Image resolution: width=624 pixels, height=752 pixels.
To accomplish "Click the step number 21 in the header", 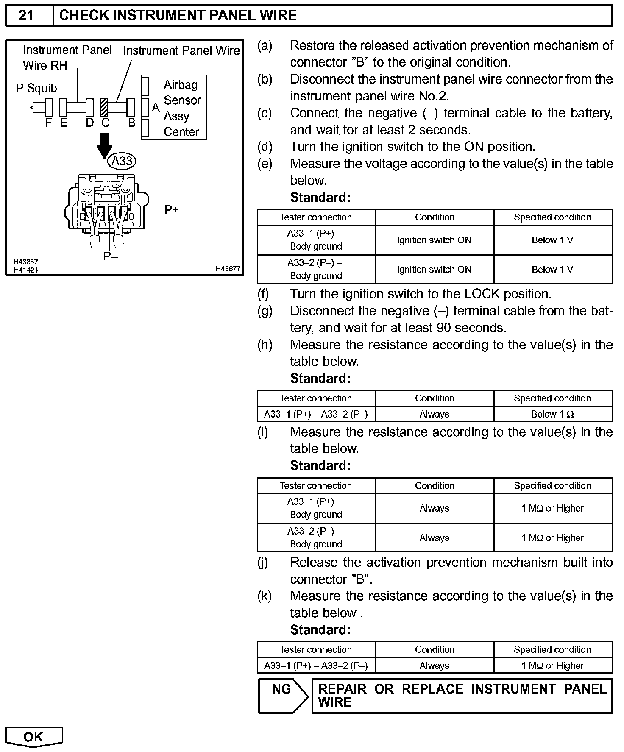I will (x=26, y=15).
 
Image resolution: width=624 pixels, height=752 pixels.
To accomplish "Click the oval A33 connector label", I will (x=123, y=161).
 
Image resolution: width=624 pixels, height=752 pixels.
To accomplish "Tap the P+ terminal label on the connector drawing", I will (x=172, y=209).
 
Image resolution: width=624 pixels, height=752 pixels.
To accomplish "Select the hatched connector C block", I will (x=104, y=107).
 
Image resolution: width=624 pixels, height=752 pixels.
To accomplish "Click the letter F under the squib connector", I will (x=49, y=123).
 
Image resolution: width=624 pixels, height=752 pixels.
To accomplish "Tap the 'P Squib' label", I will (x=36, y=88).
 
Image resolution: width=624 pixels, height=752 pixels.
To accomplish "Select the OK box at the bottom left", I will (x=33, y=737).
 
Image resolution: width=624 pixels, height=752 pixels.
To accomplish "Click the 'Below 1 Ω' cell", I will (x=552, y=414).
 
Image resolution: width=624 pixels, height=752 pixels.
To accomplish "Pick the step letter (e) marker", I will (x=265, y=164).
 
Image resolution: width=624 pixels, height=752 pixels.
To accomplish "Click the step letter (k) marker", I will (x=265, y=596).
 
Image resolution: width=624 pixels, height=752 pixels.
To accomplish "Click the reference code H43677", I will (x=228, y=269).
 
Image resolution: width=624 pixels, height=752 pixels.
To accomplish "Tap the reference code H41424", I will (x=26, y=270).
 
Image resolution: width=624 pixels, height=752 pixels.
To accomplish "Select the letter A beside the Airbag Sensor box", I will (x=156, y=108).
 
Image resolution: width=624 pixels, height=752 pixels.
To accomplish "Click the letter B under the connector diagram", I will (x=132, y=123).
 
